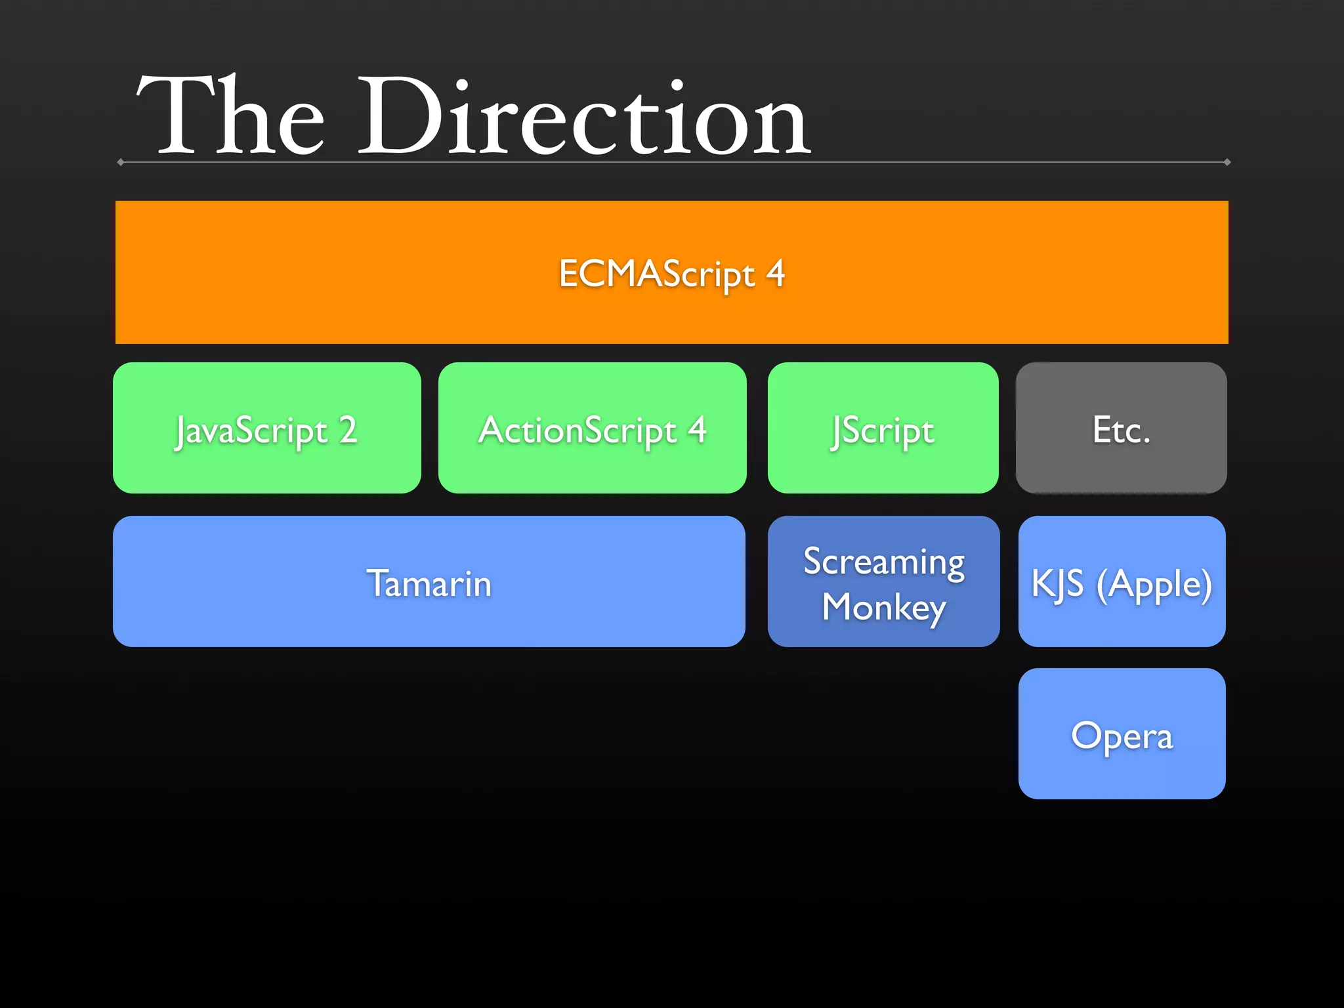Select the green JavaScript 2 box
point(266,428)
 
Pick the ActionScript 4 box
point(592,428)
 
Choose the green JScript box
point(883,428)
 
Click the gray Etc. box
point(1121,428)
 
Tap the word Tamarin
point(429,583)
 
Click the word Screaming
point(884,562)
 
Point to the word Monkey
point(884,607)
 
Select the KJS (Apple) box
point(1122,581)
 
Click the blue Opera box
point(1122,734)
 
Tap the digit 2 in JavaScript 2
point(348,430)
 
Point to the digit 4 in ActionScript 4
point(697,430)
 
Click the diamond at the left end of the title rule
point(121,162)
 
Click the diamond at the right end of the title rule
point(1227,162)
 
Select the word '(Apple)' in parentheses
point(1154,584)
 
